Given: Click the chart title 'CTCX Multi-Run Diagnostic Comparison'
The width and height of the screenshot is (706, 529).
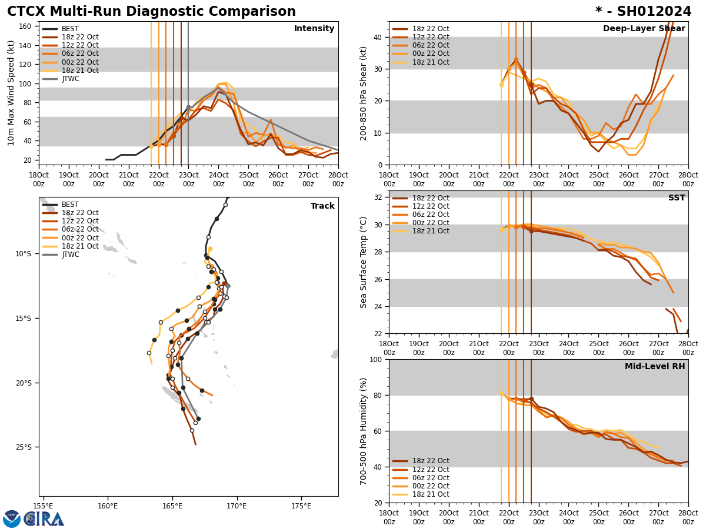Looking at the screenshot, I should point(151,12).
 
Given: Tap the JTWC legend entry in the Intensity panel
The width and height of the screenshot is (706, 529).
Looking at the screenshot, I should point(70,79).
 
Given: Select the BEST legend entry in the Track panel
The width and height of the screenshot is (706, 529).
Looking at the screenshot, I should point(70,205).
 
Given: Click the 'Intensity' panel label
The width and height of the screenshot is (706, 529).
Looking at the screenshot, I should point(314,29).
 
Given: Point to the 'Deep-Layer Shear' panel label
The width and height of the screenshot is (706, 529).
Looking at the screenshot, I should point(644,29).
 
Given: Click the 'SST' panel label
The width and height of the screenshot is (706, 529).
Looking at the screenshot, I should point(676,198).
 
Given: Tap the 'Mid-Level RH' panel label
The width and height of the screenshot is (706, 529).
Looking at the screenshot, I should point(654,367).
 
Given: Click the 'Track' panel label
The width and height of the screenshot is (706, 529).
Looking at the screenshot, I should point(322,206).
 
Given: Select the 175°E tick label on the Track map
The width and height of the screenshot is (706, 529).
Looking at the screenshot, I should point(301,506).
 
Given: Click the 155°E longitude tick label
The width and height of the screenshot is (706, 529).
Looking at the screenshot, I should point(43,506).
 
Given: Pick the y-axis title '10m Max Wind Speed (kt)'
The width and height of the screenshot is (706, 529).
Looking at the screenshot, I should point(11,93).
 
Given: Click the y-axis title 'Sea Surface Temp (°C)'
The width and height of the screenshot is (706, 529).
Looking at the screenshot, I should point(364,262).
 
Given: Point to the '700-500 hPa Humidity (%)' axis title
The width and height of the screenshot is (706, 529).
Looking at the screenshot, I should point(364,431).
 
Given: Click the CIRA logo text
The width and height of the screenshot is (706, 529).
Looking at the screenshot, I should point(44,519).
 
